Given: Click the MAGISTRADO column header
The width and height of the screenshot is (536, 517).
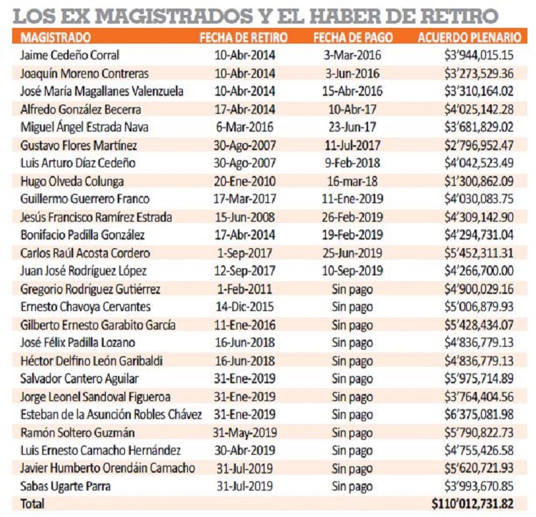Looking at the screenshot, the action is coord(55,37).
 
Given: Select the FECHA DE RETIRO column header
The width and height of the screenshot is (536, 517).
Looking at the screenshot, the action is coord(244,37).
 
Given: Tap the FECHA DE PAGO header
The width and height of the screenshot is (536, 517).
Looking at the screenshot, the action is coord(353,37).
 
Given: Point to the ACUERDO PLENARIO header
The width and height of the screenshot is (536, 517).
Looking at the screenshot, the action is coord(470,37).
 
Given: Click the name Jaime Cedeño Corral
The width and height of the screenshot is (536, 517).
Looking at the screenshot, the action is coord(70,55).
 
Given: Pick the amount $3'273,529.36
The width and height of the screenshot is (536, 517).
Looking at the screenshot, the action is coord(479,73).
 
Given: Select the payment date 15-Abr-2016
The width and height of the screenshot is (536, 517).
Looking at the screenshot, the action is coord(352,91).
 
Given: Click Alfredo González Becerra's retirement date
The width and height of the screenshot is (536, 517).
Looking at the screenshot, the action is coord(244,109).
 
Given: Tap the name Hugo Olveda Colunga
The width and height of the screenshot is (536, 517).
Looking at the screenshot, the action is coord(72,181).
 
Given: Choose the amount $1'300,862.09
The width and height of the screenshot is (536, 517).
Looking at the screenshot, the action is coord(479,181).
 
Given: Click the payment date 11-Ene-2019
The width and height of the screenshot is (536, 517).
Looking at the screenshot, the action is coord(352,199).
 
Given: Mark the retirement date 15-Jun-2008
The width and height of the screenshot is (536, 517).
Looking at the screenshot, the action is coord(244,217).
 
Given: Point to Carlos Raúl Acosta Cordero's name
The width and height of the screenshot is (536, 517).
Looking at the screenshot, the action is coord(85,253).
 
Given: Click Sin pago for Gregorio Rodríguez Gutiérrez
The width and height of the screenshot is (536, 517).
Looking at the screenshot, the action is coord(352,290).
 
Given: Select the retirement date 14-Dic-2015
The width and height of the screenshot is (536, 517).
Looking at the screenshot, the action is coord(244,307).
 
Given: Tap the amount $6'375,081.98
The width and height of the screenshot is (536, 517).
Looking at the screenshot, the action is coord(479,415).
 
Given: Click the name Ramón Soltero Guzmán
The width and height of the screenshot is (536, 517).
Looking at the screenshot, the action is coord(77,433).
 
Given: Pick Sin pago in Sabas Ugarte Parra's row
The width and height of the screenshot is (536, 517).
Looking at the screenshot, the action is coord(352,486).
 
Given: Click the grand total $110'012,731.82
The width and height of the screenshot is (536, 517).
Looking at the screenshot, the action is coord(472,503).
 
